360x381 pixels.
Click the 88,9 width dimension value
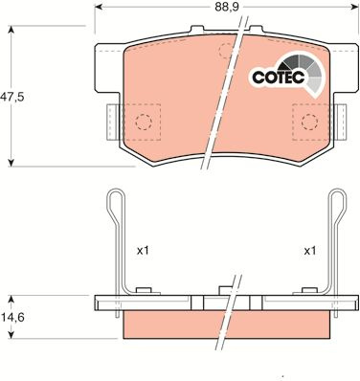227,7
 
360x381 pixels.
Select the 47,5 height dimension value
12,97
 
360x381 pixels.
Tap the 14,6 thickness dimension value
12,318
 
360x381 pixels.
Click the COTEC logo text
279,77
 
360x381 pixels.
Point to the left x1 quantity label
143,251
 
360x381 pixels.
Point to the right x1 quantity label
310,251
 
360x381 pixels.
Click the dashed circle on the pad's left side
143,122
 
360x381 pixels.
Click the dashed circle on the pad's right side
309,122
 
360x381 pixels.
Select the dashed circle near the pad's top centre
227,51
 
